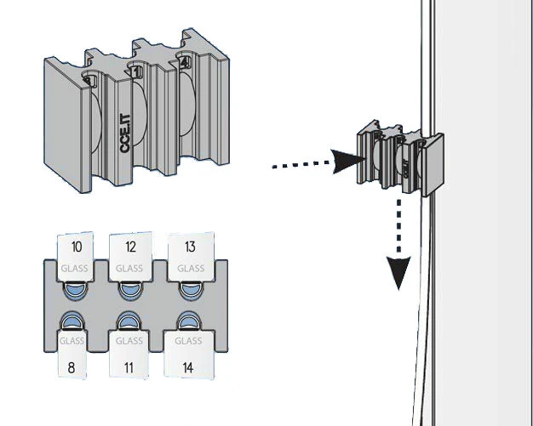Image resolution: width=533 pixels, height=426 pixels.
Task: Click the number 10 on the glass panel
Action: (x=77, y=247)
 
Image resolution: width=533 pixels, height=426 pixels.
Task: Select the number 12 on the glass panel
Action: (x=129, y=247)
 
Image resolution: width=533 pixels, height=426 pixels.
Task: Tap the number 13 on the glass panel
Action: (x=190, y=247)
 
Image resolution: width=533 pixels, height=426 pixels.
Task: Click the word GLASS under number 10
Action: (x=74, y=269)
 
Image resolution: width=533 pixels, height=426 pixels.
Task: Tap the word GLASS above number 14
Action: (x=190, y=341)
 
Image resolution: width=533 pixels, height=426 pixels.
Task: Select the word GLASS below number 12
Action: (x=129, y=269)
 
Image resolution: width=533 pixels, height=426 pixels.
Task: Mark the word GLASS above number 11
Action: (x=129, y=341)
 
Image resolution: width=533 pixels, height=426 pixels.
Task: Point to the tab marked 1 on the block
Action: (x=137, y=73)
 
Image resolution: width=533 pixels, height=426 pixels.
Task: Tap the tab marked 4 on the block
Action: (x=184, y=60)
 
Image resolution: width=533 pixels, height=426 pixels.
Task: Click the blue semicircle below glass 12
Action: (x=129, y=291)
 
